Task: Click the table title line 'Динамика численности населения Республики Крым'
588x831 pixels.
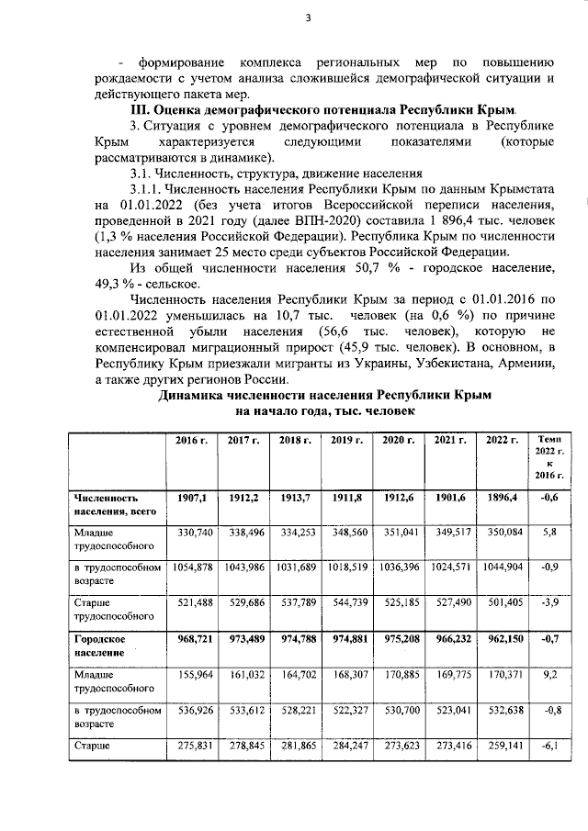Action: pos(325,396)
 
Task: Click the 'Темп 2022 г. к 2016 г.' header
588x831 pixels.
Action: pos(548,460)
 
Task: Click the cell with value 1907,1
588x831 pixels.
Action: pos(191,498)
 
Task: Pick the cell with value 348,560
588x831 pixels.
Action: pos(347,532)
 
